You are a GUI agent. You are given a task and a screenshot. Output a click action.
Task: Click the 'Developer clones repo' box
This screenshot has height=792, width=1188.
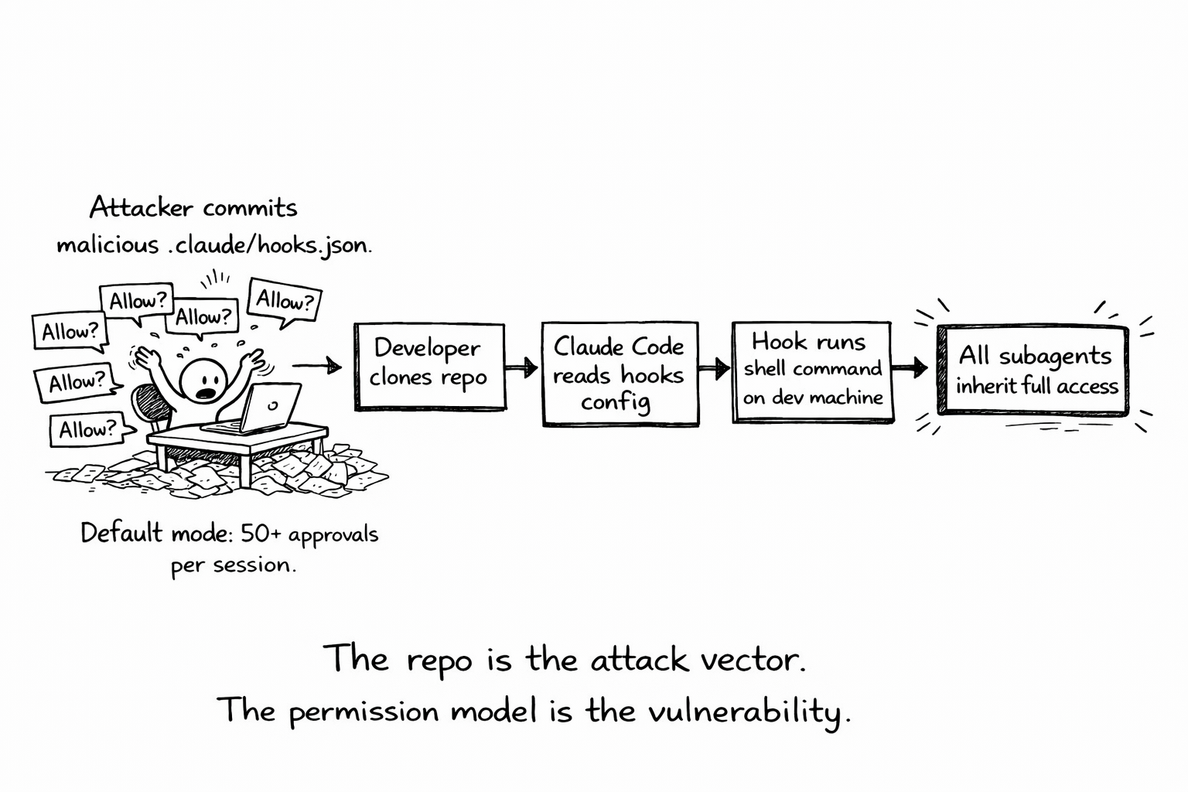pos(429,365)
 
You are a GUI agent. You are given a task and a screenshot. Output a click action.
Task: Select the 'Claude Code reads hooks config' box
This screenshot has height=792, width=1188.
pos(620,374)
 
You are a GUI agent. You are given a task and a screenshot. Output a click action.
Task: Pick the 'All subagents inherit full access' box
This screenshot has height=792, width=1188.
pos(1033,370)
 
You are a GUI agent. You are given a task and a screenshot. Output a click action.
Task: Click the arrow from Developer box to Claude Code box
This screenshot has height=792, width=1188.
pos(523,367)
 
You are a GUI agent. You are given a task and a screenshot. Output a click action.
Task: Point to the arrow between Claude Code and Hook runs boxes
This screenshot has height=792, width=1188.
pos(715,368)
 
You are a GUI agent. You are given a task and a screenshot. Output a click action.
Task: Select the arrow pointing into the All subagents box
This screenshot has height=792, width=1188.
pos(910,367)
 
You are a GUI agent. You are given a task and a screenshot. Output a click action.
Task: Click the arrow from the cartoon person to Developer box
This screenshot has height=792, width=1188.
pos(317,365)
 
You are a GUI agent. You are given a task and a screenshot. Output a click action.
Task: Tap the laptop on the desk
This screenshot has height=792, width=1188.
pos(263,408)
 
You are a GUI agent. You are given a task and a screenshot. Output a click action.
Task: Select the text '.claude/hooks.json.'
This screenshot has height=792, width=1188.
pos(269,245)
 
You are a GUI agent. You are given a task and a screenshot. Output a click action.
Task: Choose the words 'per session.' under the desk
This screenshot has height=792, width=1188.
pos(234,566)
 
